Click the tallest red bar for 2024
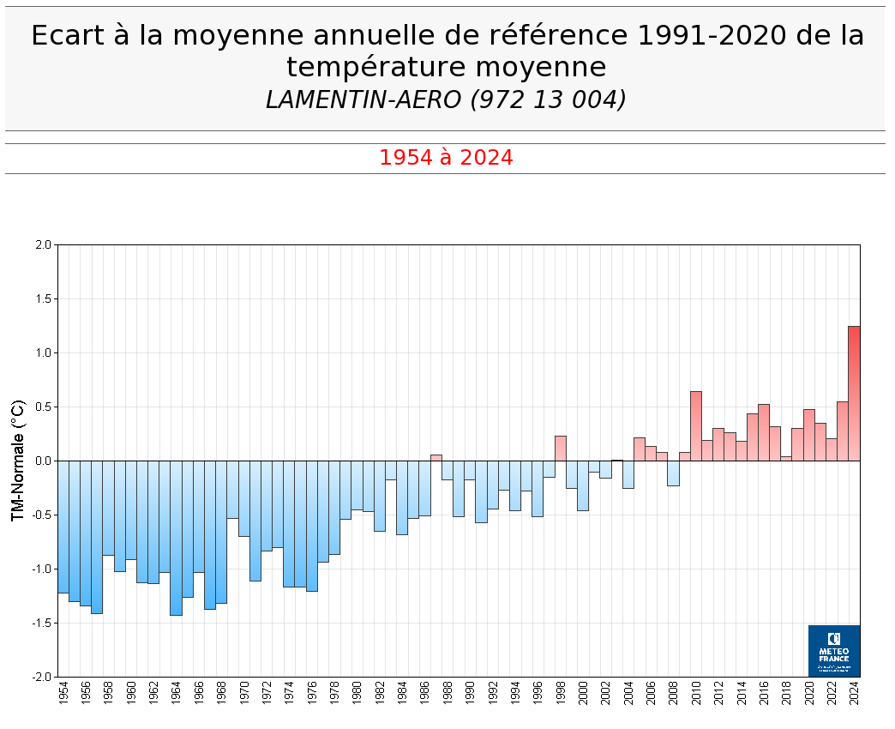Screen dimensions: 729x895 coord(854,394)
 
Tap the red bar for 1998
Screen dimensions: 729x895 coord(561,449)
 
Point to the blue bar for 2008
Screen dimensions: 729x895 coord(673,473)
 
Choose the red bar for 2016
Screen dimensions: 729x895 coord(764,432)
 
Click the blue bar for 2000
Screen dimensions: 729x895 coord(583,485)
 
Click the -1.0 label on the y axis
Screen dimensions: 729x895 coord(42,569)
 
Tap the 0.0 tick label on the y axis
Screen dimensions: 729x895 coord(44,461)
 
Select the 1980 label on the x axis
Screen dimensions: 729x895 coord(357,693)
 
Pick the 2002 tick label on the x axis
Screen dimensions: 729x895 coord(605,693)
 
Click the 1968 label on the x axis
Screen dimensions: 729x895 coord(221,693)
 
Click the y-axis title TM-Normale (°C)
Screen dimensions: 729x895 coord(18,461)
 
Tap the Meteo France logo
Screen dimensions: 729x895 coord(833,650)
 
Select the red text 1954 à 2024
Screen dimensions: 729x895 coord(446,158)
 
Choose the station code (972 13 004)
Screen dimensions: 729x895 coord(549,99)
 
